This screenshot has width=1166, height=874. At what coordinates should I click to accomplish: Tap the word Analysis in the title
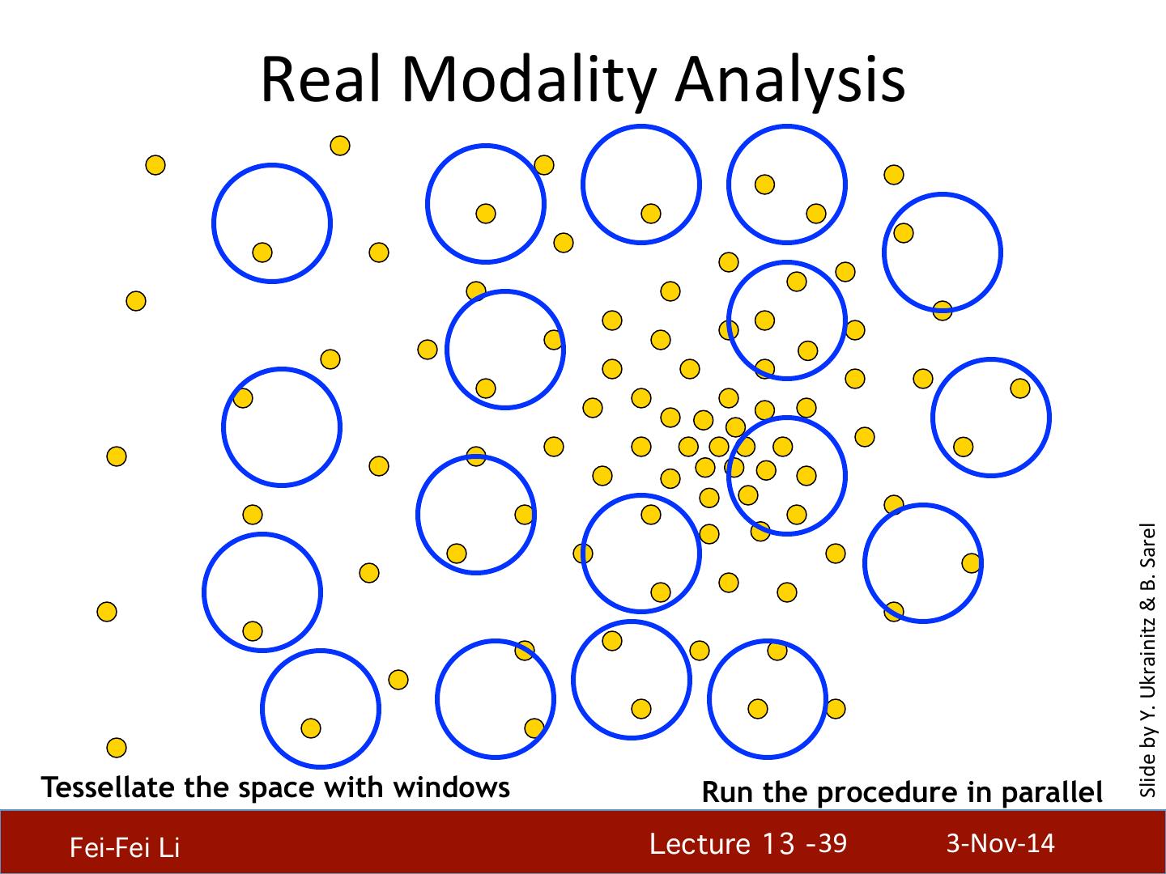click(x=791, y=81)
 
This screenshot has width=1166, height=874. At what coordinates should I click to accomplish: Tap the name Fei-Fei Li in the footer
click(x=124, y=848)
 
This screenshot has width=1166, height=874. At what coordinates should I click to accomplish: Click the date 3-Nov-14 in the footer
click(x=1000, y=843)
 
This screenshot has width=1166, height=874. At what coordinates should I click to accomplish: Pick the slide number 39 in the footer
click(x=832, y=843)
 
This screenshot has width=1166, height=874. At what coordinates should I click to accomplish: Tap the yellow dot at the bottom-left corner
click(x=117, y=747)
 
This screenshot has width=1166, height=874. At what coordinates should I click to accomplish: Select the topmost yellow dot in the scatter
click(x=340, y=146)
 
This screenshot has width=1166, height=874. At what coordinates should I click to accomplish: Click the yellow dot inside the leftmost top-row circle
click(x=262, y=252)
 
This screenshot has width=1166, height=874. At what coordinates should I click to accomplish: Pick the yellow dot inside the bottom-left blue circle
click(x=311, y=728)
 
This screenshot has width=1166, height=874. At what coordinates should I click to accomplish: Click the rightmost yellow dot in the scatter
click(x=1020, y=388)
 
